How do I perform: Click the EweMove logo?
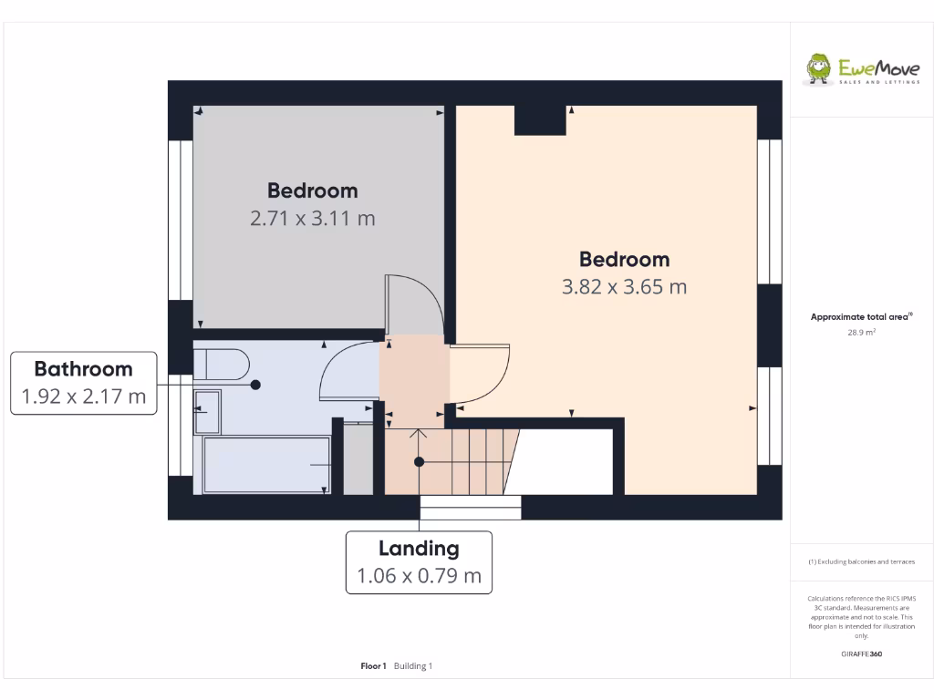862,69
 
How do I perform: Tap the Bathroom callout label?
83,383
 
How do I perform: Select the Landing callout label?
419,562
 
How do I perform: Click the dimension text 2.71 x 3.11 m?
312,219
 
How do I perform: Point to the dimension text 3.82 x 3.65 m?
624,287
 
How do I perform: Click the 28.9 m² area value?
861,333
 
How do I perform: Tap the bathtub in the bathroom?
265,465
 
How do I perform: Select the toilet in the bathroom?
221,365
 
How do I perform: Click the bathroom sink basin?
207,412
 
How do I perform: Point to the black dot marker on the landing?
420,462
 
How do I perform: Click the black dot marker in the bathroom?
255,385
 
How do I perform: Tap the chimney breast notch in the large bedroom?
540,120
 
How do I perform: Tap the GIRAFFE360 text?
861,654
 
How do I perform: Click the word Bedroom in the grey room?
312,190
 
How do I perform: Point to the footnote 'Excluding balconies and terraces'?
861,561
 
